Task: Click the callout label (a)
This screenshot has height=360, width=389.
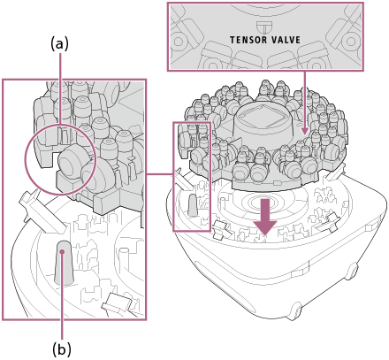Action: click(x=60, y=44)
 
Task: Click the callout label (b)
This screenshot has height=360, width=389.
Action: click(x=62, y=350)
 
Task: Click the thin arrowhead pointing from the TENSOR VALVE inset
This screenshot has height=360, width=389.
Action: click(x=304, y=131)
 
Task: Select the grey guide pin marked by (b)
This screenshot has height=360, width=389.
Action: click(x=64, y=263)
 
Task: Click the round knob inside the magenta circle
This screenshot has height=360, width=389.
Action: click(x=72, y=161)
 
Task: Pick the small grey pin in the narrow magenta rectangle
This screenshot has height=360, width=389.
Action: click(x=193, y=205)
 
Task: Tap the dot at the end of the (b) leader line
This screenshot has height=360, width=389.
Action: click(x=62, y=251)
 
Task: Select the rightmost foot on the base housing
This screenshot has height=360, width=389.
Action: click(x=352, y=271)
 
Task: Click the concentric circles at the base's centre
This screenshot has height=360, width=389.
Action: click(x=260, y=203)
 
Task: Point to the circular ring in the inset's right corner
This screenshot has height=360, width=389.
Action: click(x=350, y=42)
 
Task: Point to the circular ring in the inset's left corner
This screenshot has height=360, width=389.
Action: click(x=179, y=42)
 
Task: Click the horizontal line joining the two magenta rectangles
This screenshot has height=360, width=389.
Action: click(x=159, y=174)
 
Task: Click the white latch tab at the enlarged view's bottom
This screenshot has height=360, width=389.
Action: click(x=117, y=303)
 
